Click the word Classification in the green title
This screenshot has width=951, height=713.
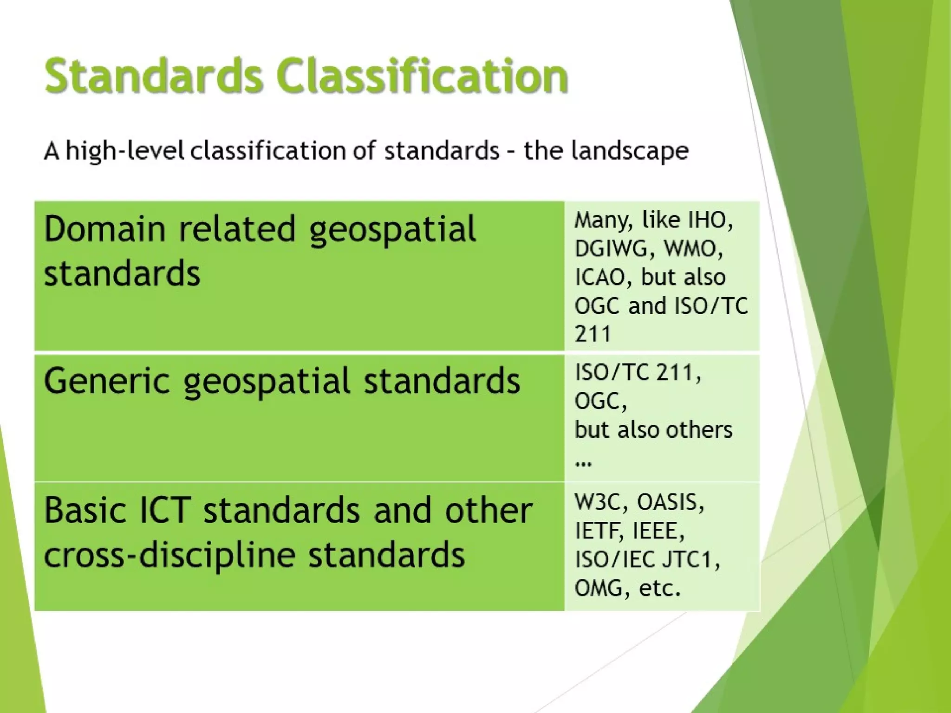tap(422, 76)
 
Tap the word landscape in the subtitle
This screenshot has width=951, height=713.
tap(630, 151)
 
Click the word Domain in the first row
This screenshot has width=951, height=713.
tap(104, 229)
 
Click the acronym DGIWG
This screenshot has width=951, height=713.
tap(610, 249)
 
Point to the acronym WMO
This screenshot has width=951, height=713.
tap(692, 249)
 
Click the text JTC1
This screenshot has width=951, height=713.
tap(690, 560)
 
